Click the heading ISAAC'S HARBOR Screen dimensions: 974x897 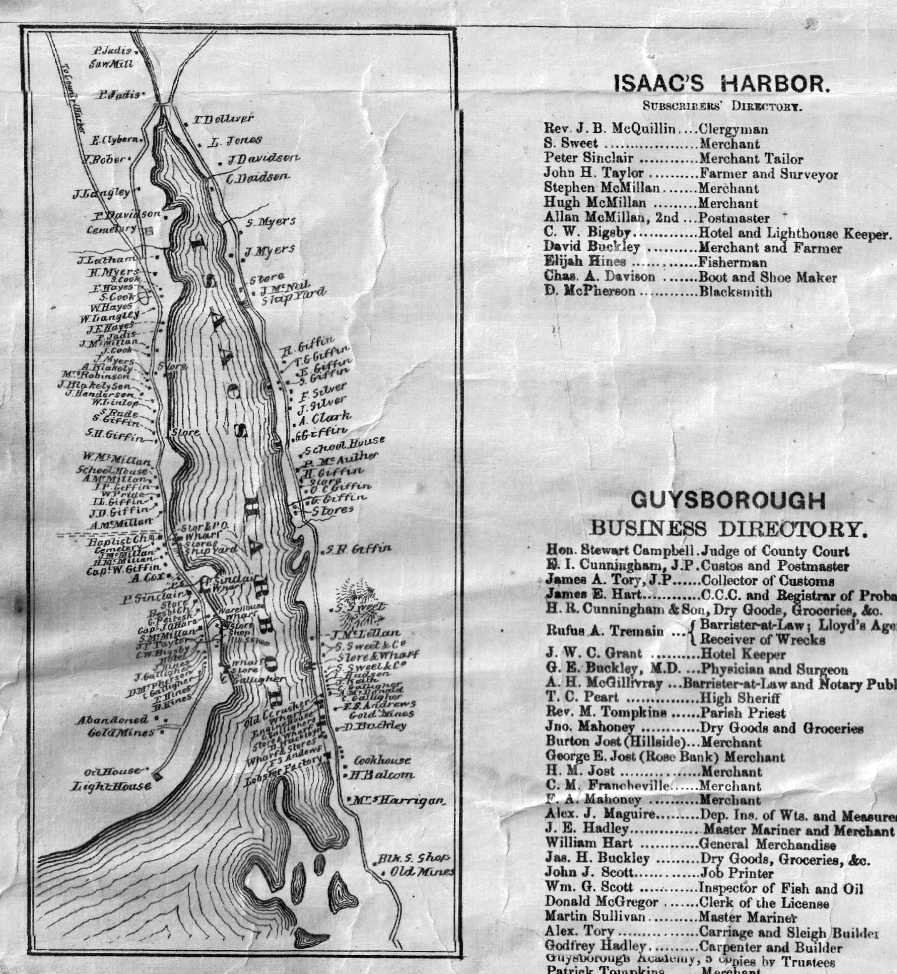pos(721,84)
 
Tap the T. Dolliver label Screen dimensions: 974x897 pos(223,119)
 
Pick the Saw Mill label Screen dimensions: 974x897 pos(111,64)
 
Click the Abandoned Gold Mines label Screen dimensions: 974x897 pos(114,726)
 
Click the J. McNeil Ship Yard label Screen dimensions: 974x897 pos(291,294)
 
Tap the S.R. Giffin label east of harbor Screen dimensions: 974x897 pos(358,549)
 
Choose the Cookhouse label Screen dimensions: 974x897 pos(382,761)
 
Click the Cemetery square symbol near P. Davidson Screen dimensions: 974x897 pos(149,231)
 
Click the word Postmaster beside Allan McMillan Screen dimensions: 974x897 pos(733,218)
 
